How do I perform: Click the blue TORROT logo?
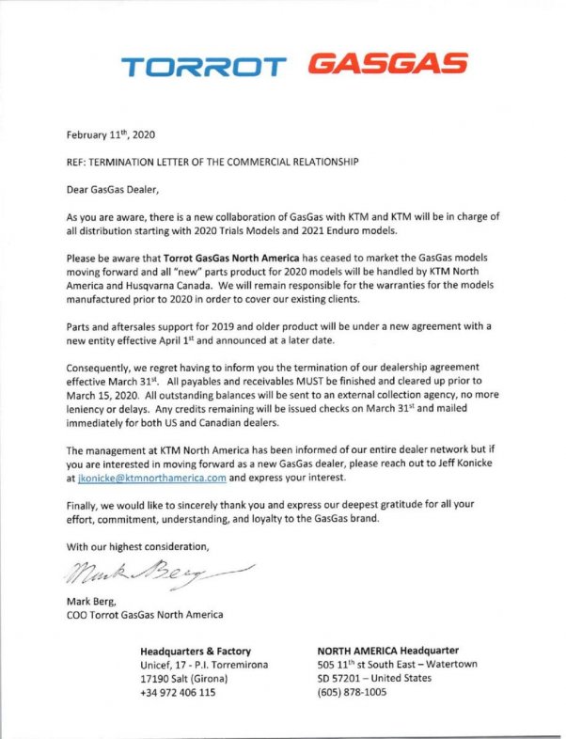coord(203,67)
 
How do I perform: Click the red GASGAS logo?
coord(387,64)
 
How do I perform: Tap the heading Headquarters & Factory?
coord(202,650)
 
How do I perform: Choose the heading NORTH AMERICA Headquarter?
coord(388,650)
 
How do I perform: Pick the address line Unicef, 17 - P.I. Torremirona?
coord(203,664)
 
